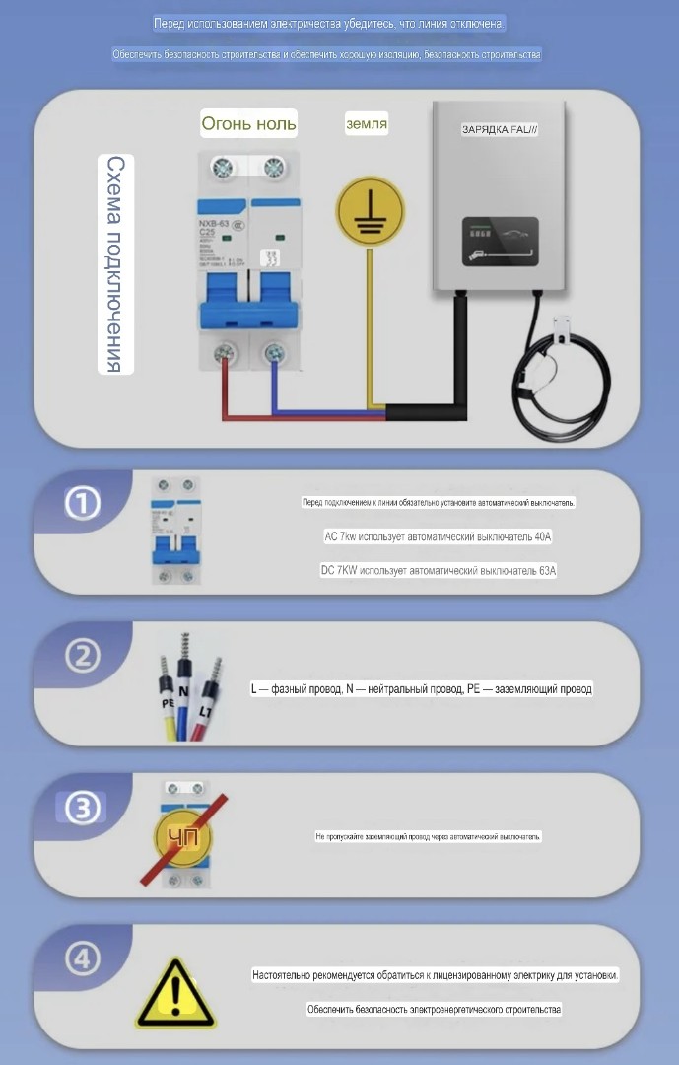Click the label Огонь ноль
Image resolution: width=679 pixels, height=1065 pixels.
coord(248,124)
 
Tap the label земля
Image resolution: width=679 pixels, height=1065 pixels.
coord(366,124)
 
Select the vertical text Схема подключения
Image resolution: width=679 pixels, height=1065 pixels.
coord(115,264)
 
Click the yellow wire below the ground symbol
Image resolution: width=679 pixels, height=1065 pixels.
coord(369,325)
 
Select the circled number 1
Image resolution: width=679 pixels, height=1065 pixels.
coord(83,504)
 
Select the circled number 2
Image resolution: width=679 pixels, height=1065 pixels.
coord(83,656)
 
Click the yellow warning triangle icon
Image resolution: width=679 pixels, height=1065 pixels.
coord(174,993)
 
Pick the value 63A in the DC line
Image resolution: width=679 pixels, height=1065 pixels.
coord(547,570)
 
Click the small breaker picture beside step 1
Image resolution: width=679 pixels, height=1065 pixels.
coord(174,532)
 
